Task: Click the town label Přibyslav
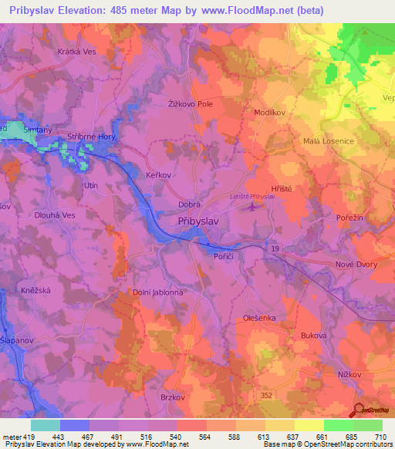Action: [x=199, y=221]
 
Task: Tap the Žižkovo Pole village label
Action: [x=190, y=103]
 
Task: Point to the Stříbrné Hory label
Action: [x=92, y=135]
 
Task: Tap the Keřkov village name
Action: [x=159, y=175]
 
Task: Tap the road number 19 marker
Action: [x=274, y=248]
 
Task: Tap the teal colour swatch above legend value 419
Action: [x=46, y=425]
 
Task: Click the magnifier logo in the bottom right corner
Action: [x=360, y=411]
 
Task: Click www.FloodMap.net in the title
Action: [x=252, y=10]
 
